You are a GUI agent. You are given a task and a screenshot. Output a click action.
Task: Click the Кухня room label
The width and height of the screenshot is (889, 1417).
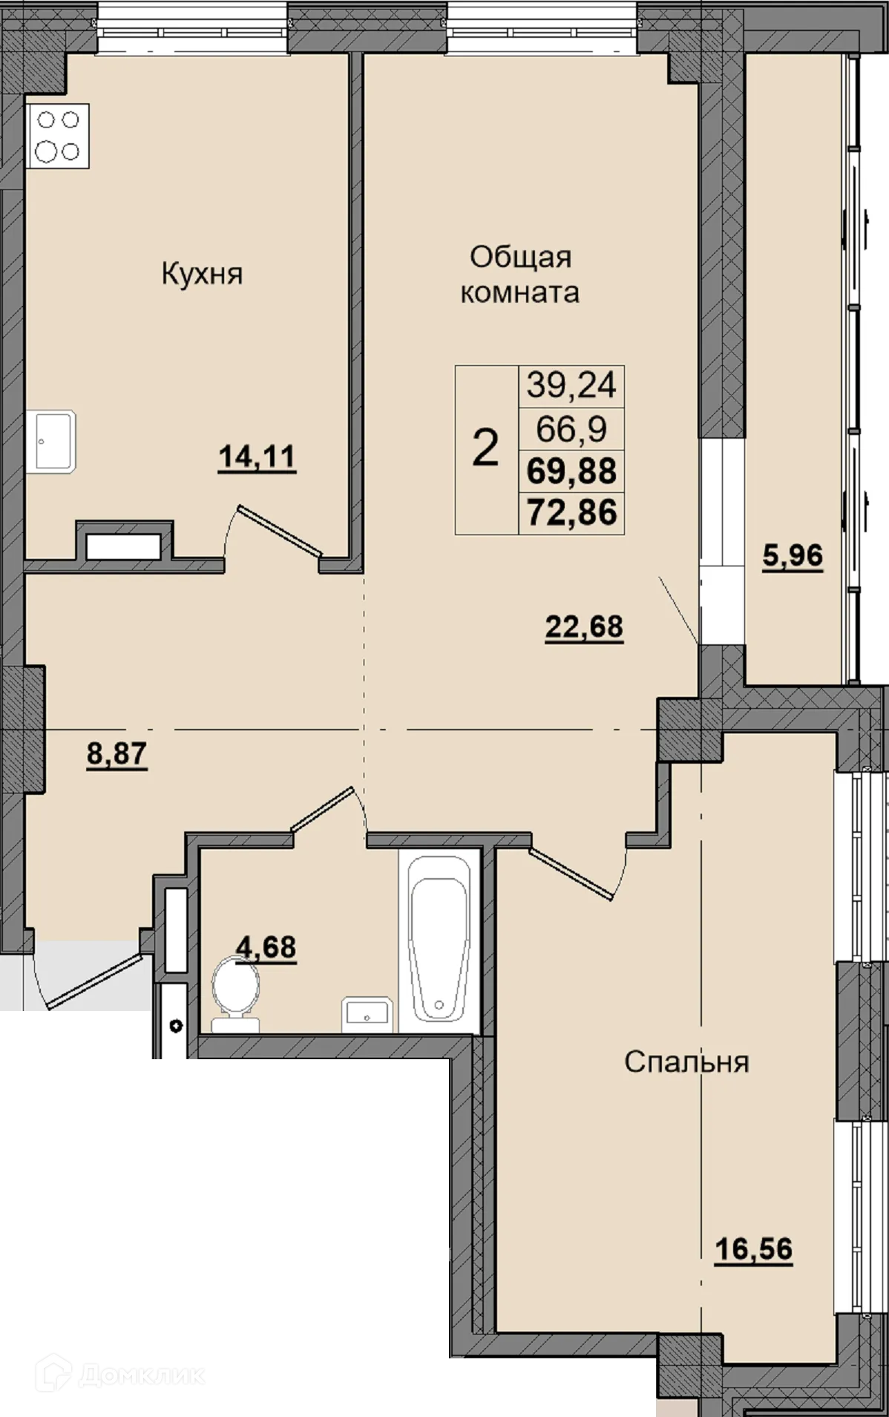202,275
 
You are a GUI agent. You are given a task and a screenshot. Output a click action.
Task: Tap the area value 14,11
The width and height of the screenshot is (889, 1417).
257,457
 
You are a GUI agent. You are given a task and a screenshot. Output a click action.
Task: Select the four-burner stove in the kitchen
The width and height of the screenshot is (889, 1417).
58,136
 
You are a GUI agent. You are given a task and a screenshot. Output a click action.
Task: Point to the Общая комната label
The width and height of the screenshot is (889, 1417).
519,275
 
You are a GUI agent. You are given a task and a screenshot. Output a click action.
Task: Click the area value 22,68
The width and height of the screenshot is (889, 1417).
584,627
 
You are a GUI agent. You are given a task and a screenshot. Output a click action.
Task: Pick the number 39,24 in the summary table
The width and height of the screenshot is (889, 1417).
571,385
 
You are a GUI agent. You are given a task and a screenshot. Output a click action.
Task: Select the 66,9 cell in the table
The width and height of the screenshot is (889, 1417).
571,429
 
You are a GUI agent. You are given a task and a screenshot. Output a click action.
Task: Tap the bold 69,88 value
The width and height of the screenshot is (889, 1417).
571,471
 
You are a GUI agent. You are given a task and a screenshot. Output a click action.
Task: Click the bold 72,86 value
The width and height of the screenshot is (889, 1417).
571,513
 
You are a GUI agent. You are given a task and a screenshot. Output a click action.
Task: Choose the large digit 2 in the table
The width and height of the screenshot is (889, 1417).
485,449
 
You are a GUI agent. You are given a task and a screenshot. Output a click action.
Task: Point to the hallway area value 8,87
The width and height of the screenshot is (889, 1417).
117,754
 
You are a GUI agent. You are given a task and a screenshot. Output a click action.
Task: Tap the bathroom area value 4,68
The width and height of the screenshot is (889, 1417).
266,947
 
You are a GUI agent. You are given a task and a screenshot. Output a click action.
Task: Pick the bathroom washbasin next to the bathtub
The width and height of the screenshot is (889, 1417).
366,1014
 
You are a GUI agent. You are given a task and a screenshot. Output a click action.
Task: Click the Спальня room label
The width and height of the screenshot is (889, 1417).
686,1061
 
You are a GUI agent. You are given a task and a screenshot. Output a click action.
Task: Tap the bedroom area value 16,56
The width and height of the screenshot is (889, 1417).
753,1249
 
